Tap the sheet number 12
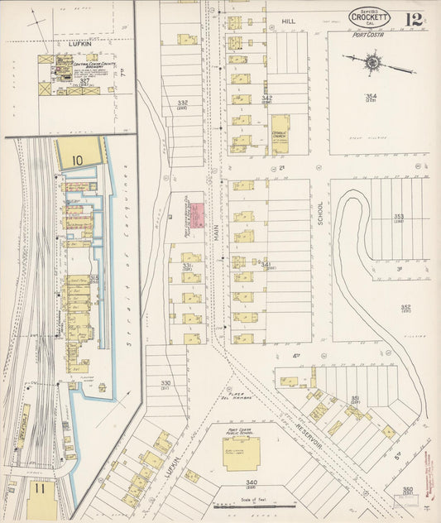pos(413,17)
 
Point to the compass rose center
pos(373,61)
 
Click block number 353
pos(398,217)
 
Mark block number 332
pos(182,103)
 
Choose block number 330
pos(165,383)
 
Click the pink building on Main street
pos(199,218)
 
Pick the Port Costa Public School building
pos(241,453)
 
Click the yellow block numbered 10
pos(78,153)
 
